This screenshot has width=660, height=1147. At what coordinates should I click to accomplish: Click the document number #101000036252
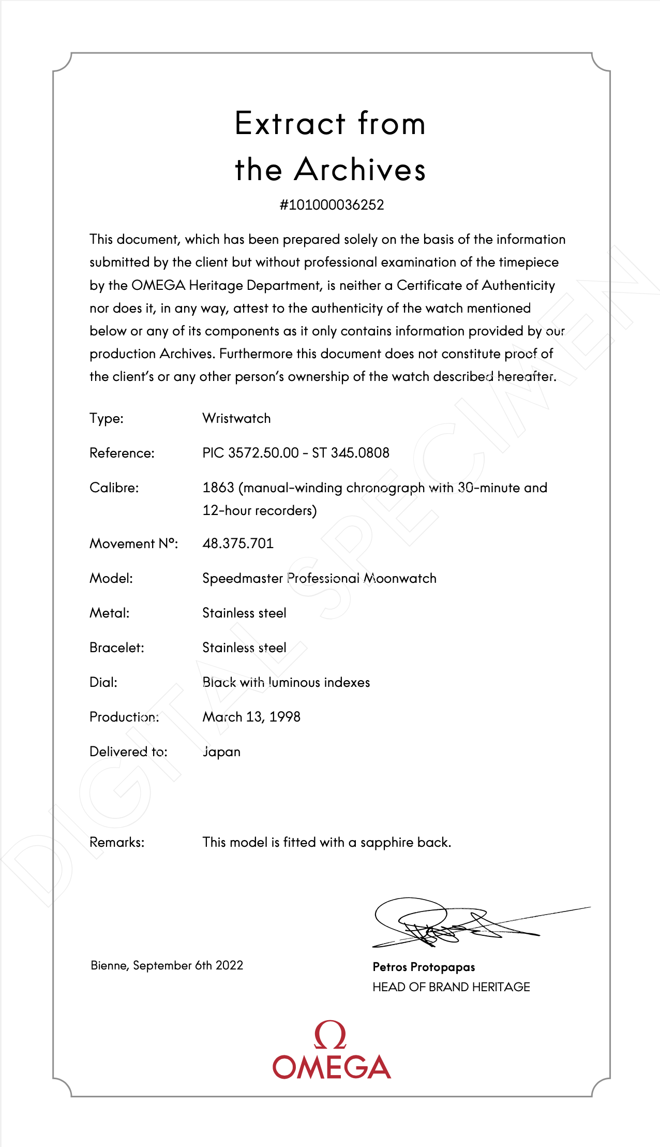(x=332, y=205)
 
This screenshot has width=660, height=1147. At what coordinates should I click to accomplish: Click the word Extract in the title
(x=290, y=124)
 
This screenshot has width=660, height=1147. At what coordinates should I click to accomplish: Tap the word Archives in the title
(x=360, y=170)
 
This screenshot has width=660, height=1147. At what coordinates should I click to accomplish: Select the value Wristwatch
(x=236, y=418)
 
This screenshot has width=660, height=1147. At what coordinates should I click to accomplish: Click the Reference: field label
(x=122, y=453)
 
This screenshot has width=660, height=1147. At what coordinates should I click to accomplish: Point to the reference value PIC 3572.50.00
(x=250, y=453)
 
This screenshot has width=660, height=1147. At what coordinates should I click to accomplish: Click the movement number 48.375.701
(x=238, y=543)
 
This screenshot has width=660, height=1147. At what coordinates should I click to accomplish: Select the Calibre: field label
(x=114, y=488)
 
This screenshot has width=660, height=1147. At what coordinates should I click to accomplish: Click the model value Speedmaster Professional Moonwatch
(x=319, y=578)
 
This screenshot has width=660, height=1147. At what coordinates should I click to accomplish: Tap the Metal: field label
(x=109, y=613)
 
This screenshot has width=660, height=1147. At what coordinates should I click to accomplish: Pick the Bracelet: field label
(x=116, y=648)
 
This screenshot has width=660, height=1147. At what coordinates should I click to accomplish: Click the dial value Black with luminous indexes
(x=286, y=682)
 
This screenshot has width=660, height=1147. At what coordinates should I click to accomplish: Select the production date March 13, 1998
(x=251, y=717)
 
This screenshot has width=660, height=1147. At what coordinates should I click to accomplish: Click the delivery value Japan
(x=221, y=752)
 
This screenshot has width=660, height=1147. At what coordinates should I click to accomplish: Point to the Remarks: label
(x=117, y=842)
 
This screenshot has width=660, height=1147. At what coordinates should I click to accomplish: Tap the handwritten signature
(x=455, y=924)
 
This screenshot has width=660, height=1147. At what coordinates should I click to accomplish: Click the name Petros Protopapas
(x=424, y=967)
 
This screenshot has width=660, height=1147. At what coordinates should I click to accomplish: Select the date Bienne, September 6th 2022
(x=167, y=965)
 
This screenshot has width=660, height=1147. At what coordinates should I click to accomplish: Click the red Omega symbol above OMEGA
(x=330, y=1035)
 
